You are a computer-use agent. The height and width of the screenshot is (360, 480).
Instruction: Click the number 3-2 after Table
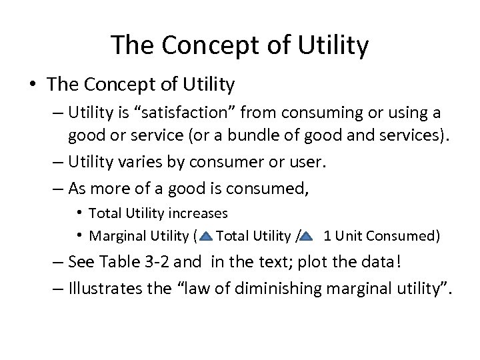180,262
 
